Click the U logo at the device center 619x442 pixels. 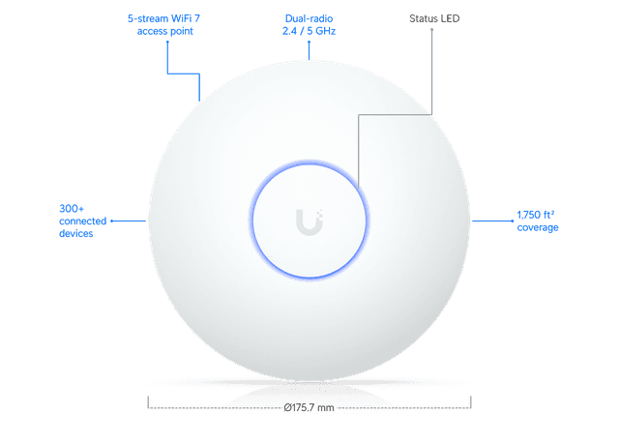pos(309,221)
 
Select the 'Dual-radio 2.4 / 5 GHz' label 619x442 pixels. pos(309,24)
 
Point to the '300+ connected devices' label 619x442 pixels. pos(76,221)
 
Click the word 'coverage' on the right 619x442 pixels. pos(539,228)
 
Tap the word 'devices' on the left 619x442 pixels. pos(75,234)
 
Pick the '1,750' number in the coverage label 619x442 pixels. pos(531,214)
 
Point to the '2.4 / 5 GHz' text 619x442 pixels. pos(309,31)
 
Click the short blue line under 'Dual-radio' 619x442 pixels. pos(309,48)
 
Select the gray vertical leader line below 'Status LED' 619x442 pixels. pos(431,68)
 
